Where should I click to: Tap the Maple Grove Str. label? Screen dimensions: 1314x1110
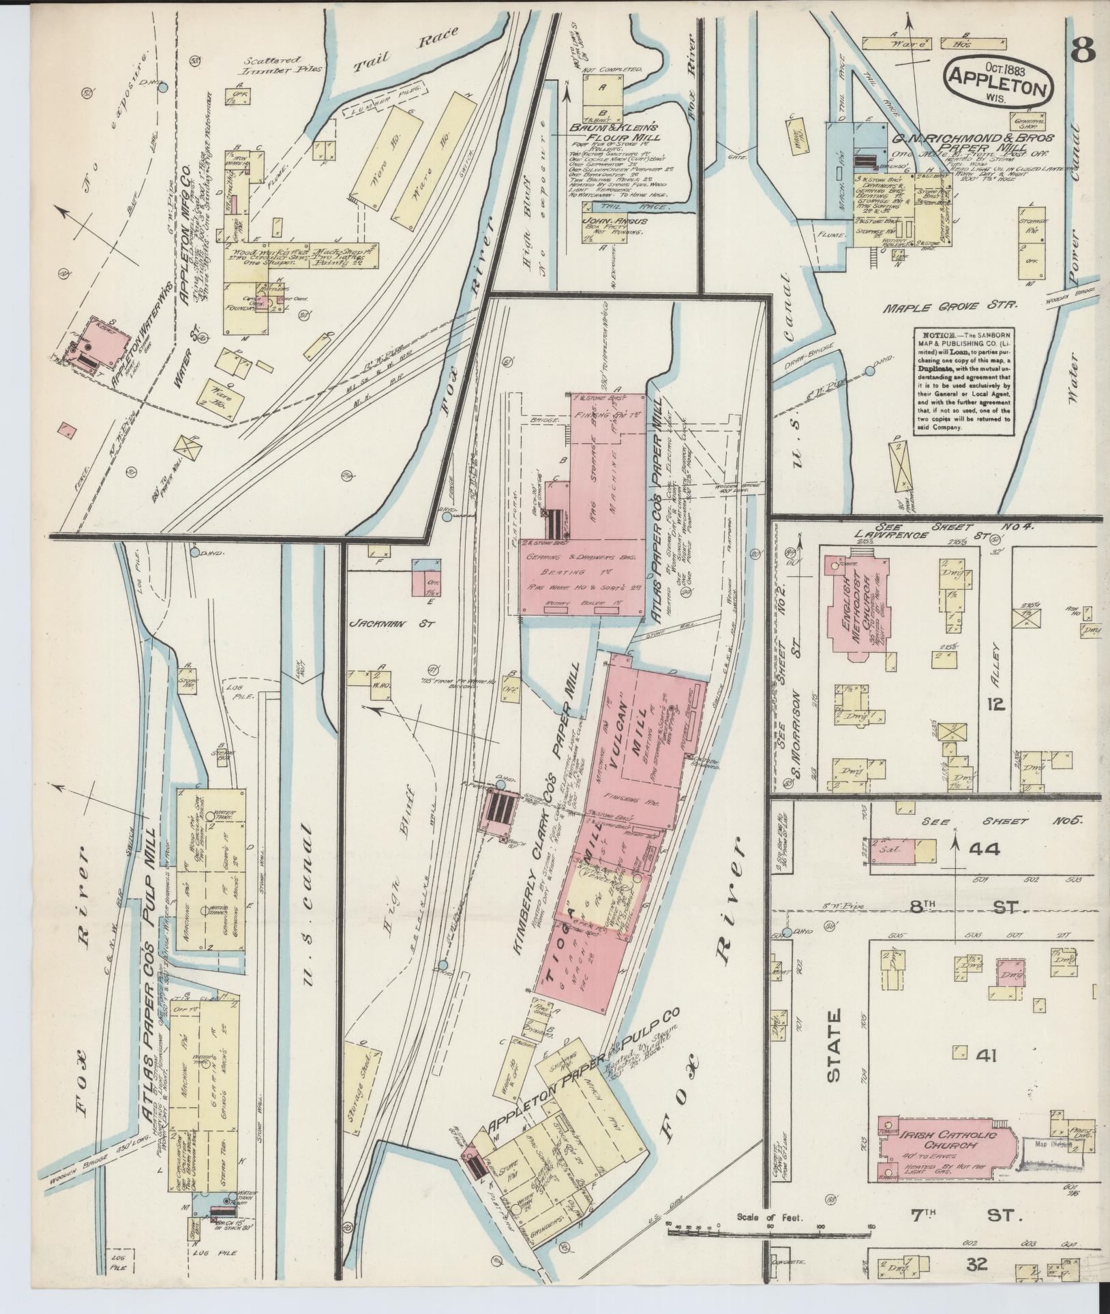coord(950,308)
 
